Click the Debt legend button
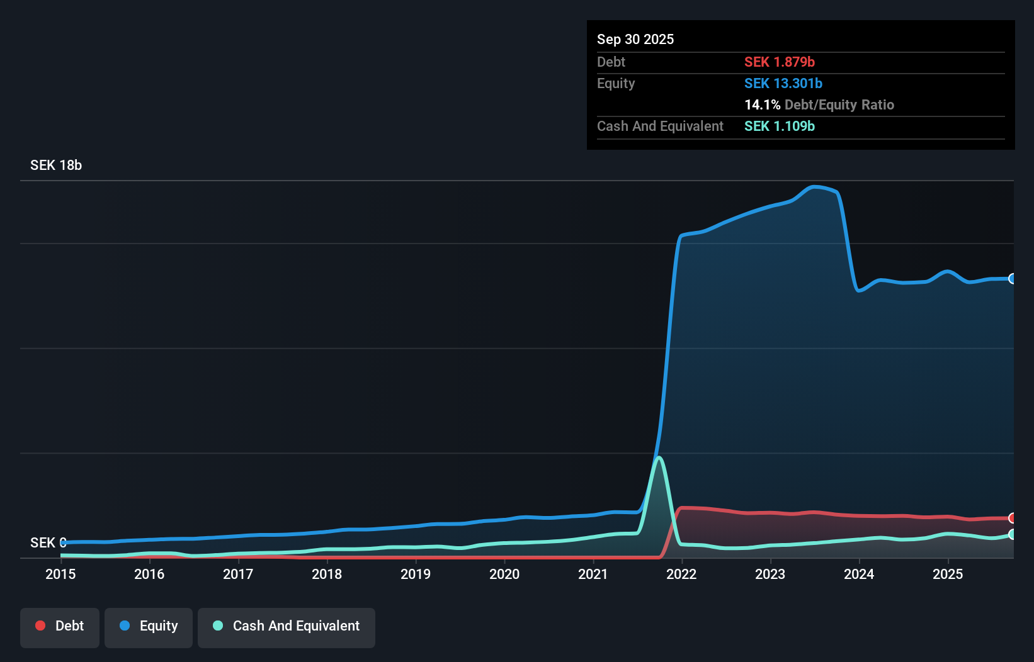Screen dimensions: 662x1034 (60, 626)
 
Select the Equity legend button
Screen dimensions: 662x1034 (149, 626)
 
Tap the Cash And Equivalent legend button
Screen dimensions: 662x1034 (287, 626)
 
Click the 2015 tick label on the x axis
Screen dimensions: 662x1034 (60, 574)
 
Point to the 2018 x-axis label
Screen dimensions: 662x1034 (327, 574)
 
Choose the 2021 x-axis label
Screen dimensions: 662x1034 (593, 574)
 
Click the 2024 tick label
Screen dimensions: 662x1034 (859, 574)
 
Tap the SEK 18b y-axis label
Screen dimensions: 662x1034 (56, 165)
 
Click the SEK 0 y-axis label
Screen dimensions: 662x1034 (48, 542)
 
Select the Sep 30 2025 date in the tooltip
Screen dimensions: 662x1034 (635, 39)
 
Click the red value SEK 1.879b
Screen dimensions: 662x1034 (780, 62)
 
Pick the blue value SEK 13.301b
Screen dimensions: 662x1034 (783, 83)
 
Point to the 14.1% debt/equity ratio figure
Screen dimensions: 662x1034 (762, 104)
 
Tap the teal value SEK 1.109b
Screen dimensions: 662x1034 (780, 126)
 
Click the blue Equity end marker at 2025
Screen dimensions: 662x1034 (1012, 279)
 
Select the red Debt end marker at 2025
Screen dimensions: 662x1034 (1012, 518)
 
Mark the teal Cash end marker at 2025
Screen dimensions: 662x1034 (1012, 534)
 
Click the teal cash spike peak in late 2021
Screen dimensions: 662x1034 (659, 457)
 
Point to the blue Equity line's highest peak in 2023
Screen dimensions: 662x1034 (814, 186)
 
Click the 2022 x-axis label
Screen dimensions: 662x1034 (681, 574)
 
